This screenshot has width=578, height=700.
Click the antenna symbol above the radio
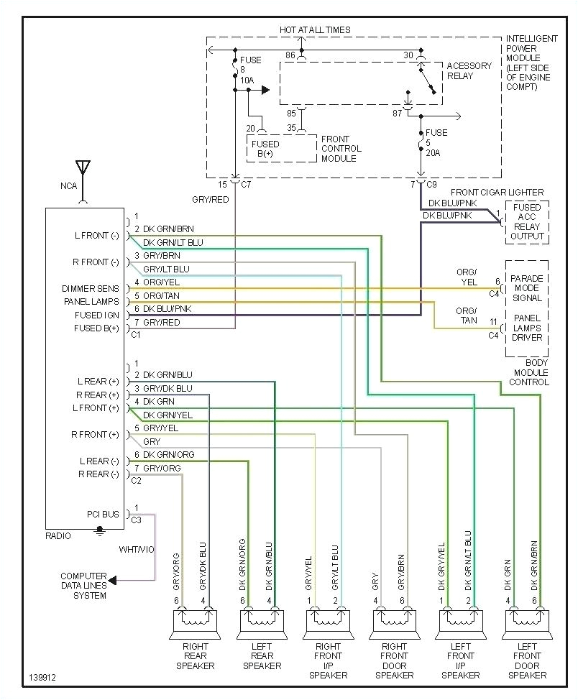coord(83,170)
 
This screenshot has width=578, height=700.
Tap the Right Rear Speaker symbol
coord(195,622)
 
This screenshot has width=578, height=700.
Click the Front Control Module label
coord(341,149)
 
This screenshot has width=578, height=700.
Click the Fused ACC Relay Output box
coord(528,222)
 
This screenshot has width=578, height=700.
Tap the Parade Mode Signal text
coord(528,288)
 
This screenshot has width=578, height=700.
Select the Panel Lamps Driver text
coord(528,328)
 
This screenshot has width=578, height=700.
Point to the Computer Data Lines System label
coord(83,586)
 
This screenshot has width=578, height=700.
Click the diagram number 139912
coord(44,678)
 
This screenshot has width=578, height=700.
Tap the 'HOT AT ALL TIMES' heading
coord(315,30)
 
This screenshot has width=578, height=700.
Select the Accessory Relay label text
coord(469,70)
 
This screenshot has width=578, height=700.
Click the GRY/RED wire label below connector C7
coord(210,200)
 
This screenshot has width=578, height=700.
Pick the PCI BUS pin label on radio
coord(102,514)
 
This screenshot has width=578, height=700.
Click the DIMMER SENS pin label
coord(90,289)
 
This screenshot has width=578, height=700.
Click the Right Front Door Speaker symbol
coord(395,622)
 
